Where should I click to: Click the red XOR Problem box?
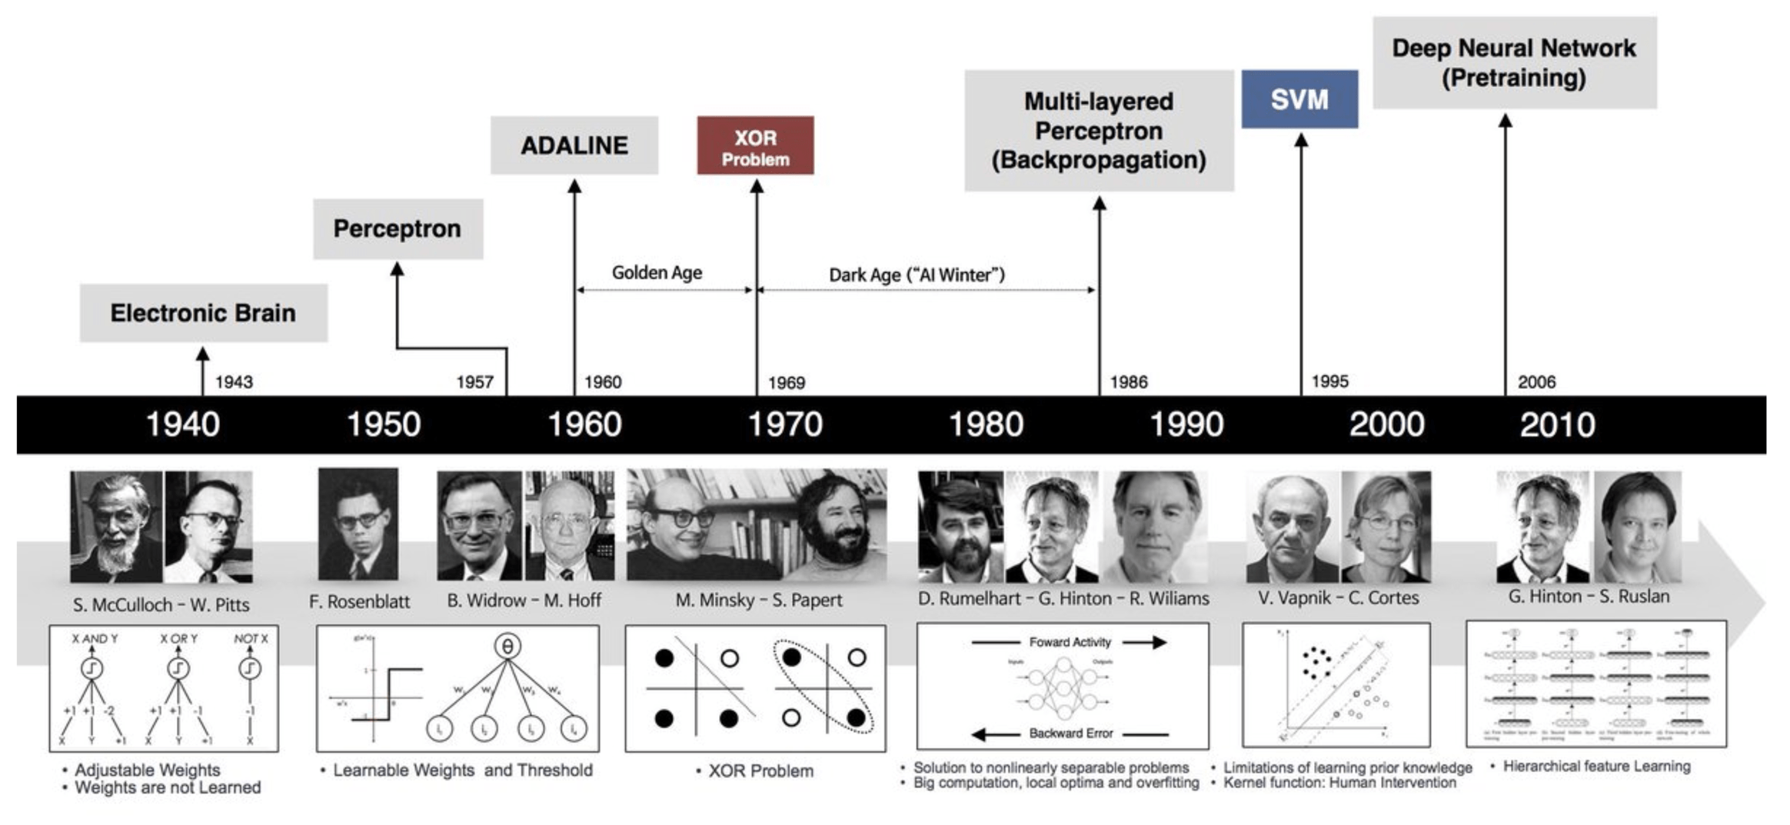(x=754, y=145)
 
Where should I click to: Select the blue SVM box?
(x=1299, y=99)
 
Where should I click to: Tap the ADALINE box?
(x=574, y=145)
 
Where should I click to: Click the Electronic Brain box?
(x=203, y=313)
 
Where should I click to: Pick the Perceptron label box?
(x=398, y=229)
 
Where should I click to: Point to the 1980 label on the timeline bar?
(x=986, y=424)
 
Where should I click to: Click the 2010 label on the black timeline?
(x=1557, y=424)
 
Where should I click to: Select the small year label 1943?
(x=234, y=382)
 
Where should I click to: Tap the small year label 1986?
(x=1128, y=382)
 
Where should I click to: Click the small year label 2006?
(x=1536, y=382)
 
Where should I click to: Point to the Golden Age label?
(x=657, y=273)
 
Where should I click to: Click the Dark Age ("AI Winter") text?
(x=917, y=275)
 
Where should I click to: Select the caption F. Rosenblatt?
(x=359, y=601)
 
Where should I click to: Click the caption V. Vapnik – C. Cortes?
(x=1338, y=597)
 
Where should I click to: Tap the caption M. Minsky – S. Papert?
(x=758, y=600)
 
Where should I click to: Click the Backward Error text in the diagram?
(x=1070, y=734)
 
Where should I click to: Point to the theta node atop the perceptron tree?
(x=507, y=647)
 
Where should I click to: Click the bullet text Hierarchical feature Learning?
(x=1596, y=766)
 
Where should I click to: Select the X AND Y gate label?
(x=95, y=639)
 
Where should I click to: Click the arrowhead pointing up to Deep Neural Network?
(x=1506, y=121)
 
